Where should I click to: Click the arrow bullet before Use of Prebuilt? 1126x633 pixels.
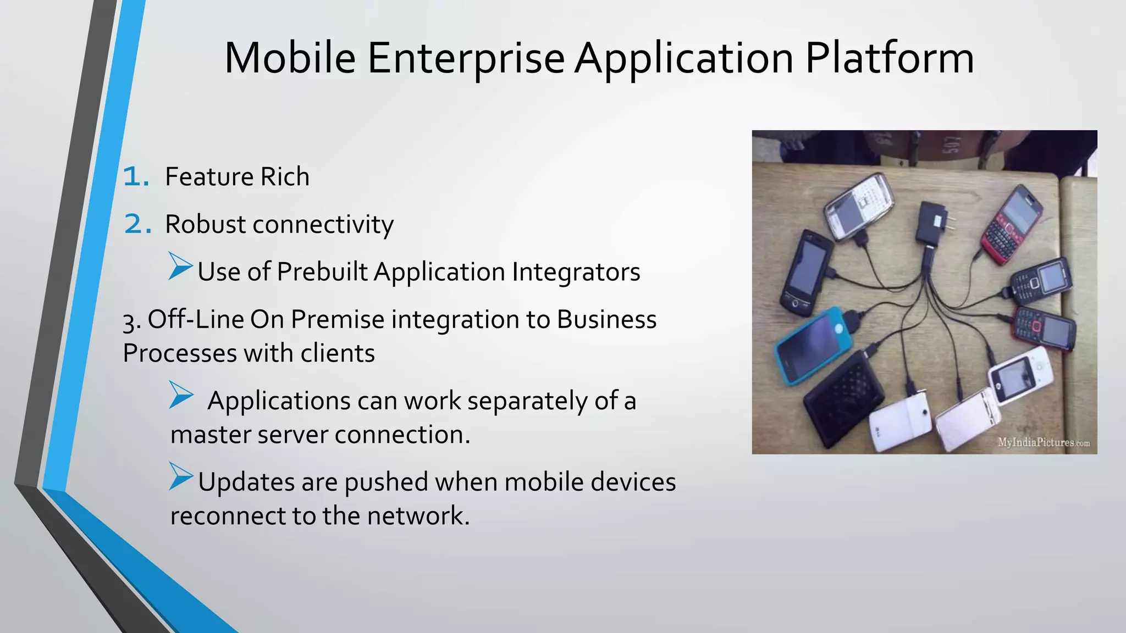tap(180, 266)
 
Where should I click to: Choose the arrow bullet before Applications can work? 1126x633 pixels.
tap(181, 395)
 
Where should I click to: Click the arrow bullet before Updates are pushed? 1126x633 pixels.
tap(181, 476)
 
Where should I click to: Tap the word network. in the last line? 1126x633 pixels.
tap(418, 516)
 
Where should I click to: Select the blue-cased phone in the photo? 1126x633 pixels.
tap(814, 345)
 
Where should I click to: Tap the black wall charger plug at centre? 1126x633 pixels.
tap(932, 223)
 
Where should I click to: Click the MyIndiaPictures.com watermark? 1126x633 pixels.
tap(1044, 442)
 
